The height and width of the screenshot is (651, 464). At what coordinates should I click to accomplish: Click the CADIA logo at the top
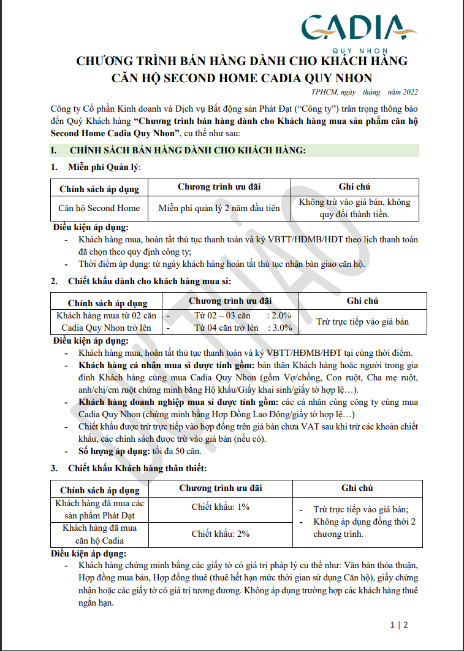pyautogui.click(x=359, y=27)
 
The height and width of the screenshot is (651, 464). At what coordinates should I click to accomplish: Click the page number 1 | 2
pyautogui.click(x=398, y=625)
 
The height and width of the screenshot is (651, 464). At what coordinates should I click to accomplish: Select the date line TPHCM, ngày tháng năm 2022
pyautogui.click(x=364, y=92)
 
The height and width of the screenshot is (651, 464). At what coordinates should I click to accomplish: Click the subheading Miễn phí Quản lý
pyautogui.click(x=105, y=167)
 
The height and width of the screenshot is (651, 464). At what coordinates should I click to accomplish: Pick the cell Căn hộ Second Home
pyautogui.click(x=99, y=208)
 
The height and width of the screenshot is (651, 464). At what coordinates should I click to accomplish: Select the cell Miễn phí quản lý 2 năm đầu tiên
pyautogui.click(x=219, y=208)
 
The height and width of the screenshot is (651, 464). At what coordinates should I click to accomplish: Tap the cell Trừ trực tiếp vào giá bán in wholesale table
pyautogui.click(x=362, y=321)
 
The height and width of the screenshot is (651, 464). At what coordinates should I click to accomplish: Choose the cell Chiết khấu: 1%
pyautogui.click(x=220, y=507)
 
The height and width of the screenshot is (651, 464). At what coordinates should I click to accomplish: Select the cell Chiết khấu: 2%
pyautogui.click(x=220, y=534)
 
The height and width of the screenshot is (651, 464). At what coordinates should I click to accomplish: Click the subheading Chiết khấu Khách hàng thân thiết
pyautogui.click(x=137, y=468)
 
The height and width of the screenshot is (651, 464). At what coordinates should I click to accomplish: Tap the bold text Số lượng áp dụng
pyautogui.click(x=115, y=451)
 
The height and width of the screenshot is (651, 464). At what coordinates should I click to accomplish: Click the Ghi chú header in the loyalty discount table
pyautogui.click(x=357, y=488)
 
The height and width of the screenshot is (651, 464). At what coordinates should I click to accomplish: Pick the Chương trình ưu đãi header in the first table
pyautogui.click(x=219, y=187)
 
